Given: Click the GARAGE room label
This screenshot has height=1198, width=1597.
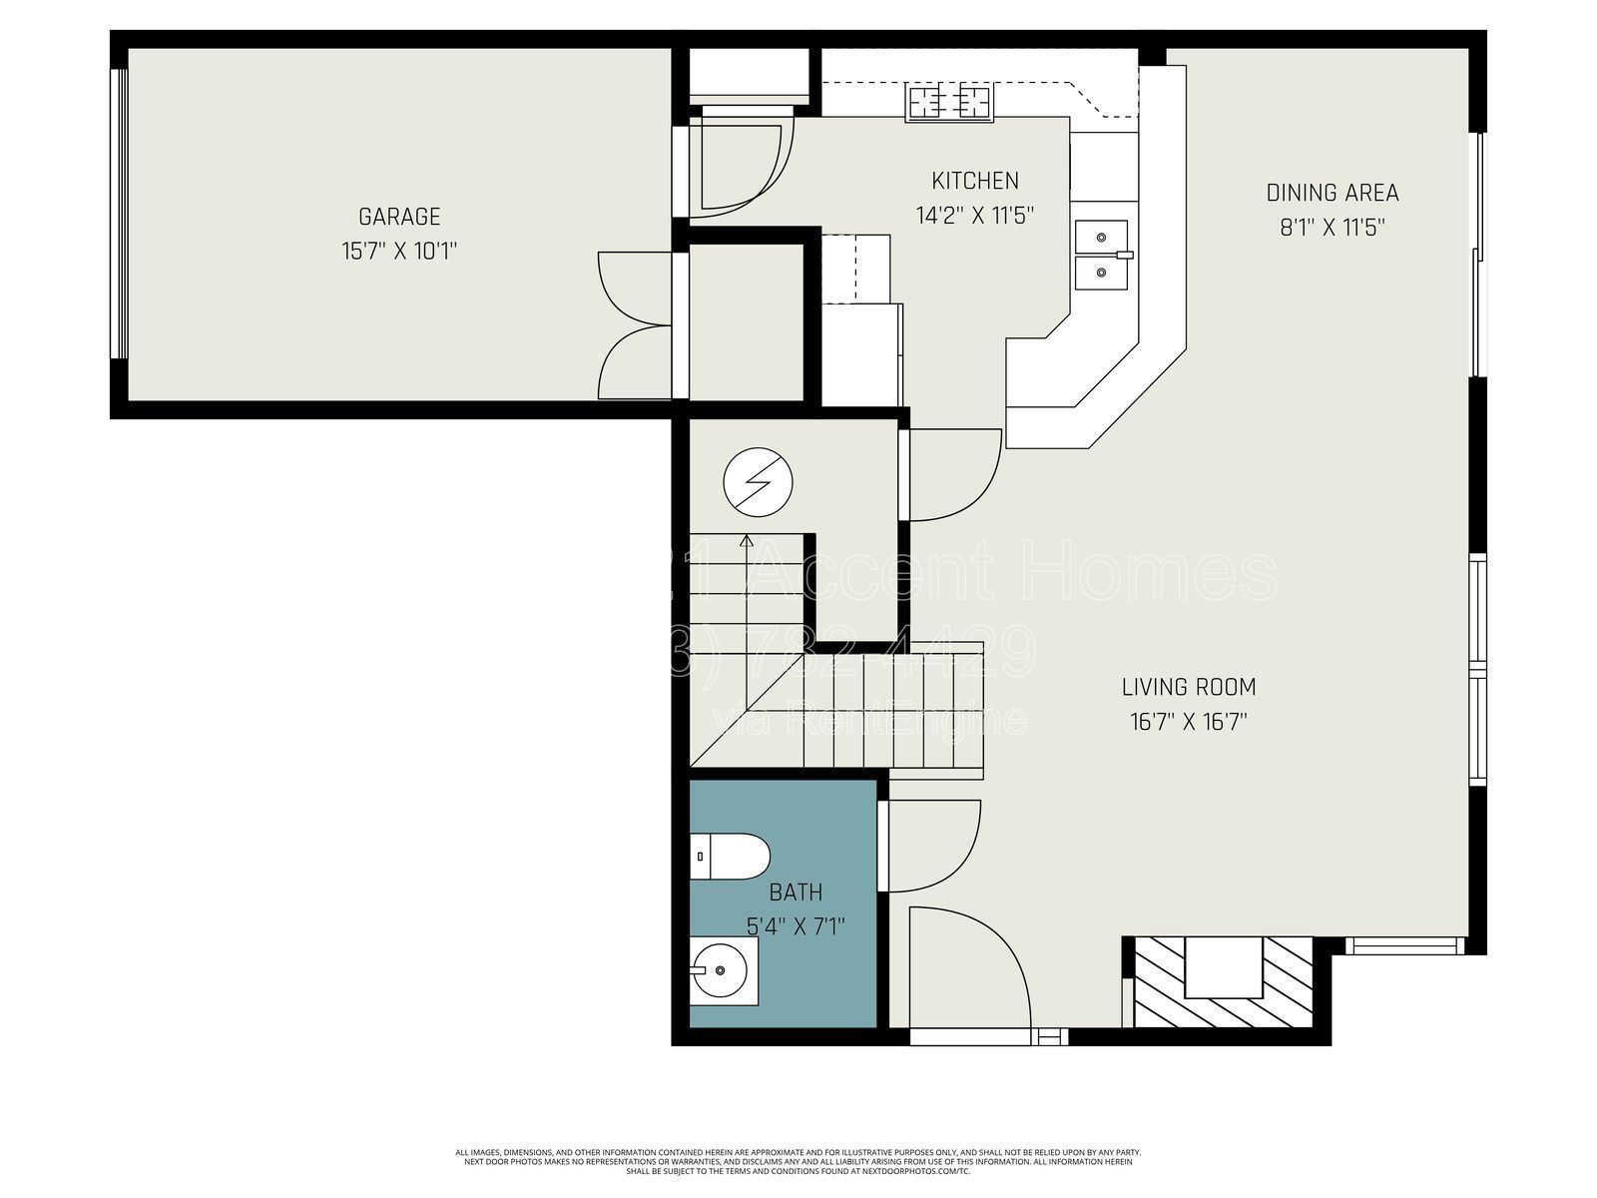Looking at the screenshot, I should coord(399,216).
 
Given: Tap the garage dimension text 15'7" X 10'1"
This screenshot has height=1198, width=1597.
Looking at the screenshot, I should coord(399,250).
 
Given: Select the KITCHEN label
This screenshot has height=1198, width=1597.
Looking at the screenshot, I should coord(975,181).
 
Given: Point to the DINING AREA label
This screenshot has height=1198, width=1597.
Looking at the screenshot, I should coord(1331,193).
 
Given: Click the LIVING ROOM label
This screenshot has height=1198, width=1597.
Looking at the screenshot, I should coord(1188,687).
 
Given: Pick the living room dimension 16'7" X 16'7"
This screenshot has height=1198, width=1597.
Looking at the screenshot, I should coord(1188,721).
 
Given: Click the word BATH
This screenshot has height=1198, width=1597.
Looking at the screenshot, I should coord(796,892).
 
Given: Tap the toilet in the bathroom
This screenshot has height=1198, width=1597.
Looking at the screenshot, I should coord(732,857).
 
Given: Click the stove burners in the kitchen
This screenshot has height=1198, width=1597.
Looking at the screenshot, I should coord(949,102).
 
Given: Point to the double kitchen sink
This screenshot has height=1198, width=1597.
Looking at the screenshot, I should coord(1102,254).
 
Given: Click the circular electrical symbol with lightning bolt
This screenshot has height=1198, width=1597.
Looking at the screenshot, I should coord(758,482).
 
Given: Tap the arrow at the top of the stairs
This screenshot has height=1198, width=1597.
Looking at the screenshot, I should coord(747,542).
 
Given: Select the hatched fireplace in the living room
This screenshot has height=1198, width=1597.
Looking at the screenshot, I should coord(1224,981).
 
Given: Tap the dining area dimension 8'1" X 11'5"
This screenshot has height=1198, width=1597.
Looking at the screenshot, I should coord(1331,228).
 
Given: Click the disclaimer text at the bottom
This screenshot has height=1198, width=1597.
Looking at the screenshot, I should coord(798,1162).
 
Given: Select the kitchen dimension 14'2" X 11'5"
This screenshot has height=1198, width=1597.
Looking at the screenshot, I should coord(975,215).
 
